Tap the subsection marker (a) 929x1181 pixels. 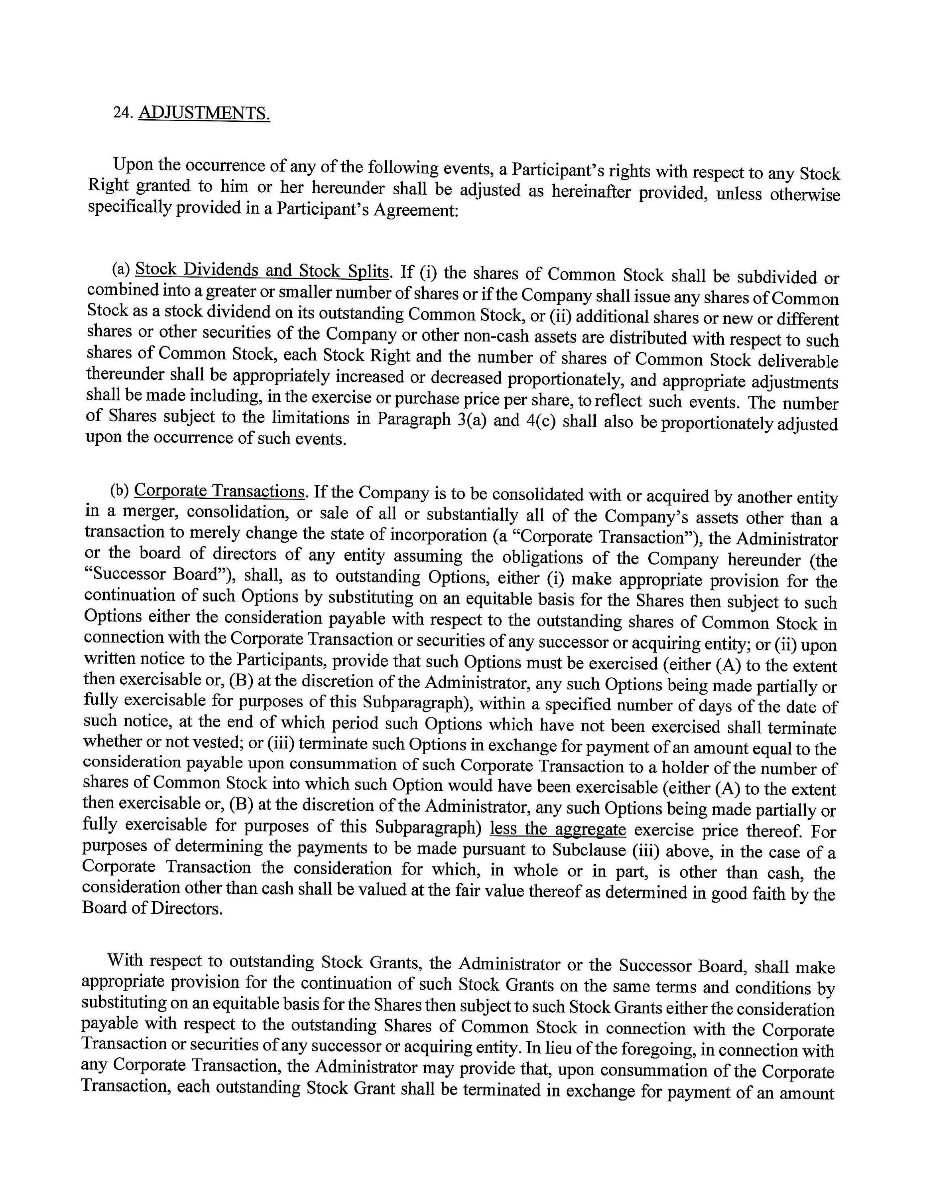click(x=121, y=269)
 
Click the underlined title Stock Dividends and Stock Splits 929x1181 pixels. click(x=262, y=271)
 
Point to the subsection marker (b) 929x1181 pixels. click(x=120, y=490)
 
